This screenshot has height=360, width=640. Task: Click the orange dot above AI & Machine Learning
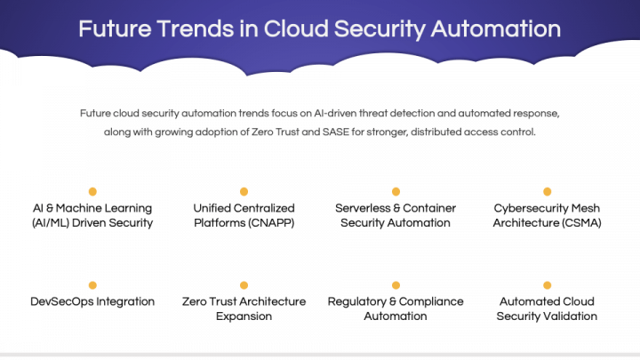(x=92, y=191)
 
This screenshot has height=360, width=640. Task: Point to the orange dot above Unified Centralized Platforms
(x=244, y=191)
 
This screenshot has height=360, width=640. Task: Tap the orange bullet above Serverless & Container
(x=396, y=191)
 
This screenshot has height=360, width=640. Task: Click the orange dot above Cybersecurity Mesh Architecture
(x=547, y=191)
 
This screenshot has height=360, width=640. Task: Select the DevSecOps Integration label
(x=92, y=301)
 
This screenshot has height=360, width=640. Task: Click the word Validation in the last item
(x=570, y=316)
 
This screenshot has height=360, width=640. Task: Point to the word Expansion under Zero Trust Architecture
(x=244, y=316)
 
